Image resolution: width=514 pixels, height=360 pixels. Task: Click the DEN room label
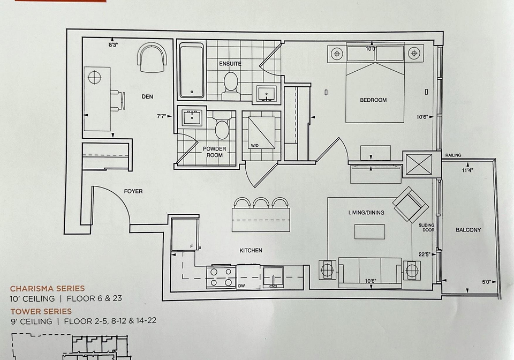[x=147, y=96]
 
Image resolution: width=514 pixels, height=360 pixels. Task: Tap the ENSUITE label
[x=230, y=64]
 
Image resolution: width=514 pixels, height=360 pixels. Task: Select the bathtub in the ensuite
[x=192, y=71]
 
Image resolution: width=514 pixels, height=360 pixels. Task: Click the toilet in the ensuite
[x=230, y=86]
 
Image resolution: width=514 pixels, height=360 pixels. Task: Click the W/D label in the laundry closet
[x=255, y=145]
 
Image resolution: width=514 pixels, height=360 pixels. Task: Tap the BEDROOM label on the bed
[x=373, y=100]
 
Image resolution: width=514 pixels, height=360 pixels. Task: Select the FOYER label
[x=133, y=191]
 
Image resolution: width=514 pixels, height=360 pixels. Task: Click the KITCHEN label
[x=251, y=251]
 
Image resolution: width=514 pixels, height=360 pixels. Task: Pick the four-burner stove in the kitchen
[x=221, y=277]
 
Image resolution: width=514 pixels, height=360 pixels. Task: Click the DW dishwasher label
[x=241, y=286]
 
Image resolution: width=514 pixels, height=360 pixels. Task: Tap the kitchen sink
[x=273, y=277]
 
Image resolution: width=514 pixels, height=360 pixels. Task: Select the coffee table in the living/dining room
[x=370, y=231]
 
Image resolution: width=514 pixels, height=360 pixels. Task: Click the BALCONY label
[x=468, y=230]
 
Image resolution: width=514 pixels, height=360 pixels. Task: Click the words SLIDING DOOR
[x=427, y=228]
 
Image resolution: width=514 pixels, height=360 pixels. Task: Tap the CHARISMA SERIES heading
[x=48, y=289]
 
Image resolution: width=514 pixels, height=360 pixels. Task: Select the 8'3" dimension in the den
[x=114, y=45]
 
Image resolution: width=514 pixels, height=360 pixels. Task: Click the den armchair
[x=152, y=58]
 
